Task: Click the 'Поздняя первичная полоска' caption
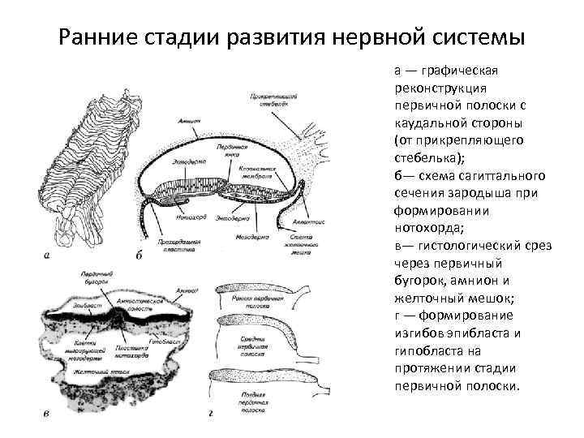(x=260, y=399)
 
